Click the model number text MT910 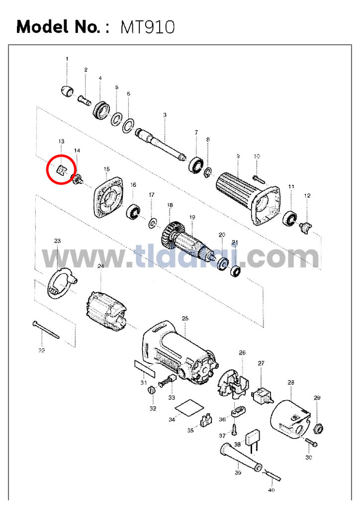[147, 27]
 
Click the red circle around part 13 [61, 170]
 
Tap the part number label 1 [67, 59]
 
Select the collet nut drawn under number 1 [67, 90]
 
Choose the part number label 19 [192, 217]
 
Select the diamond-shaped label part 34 [187, 408]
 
